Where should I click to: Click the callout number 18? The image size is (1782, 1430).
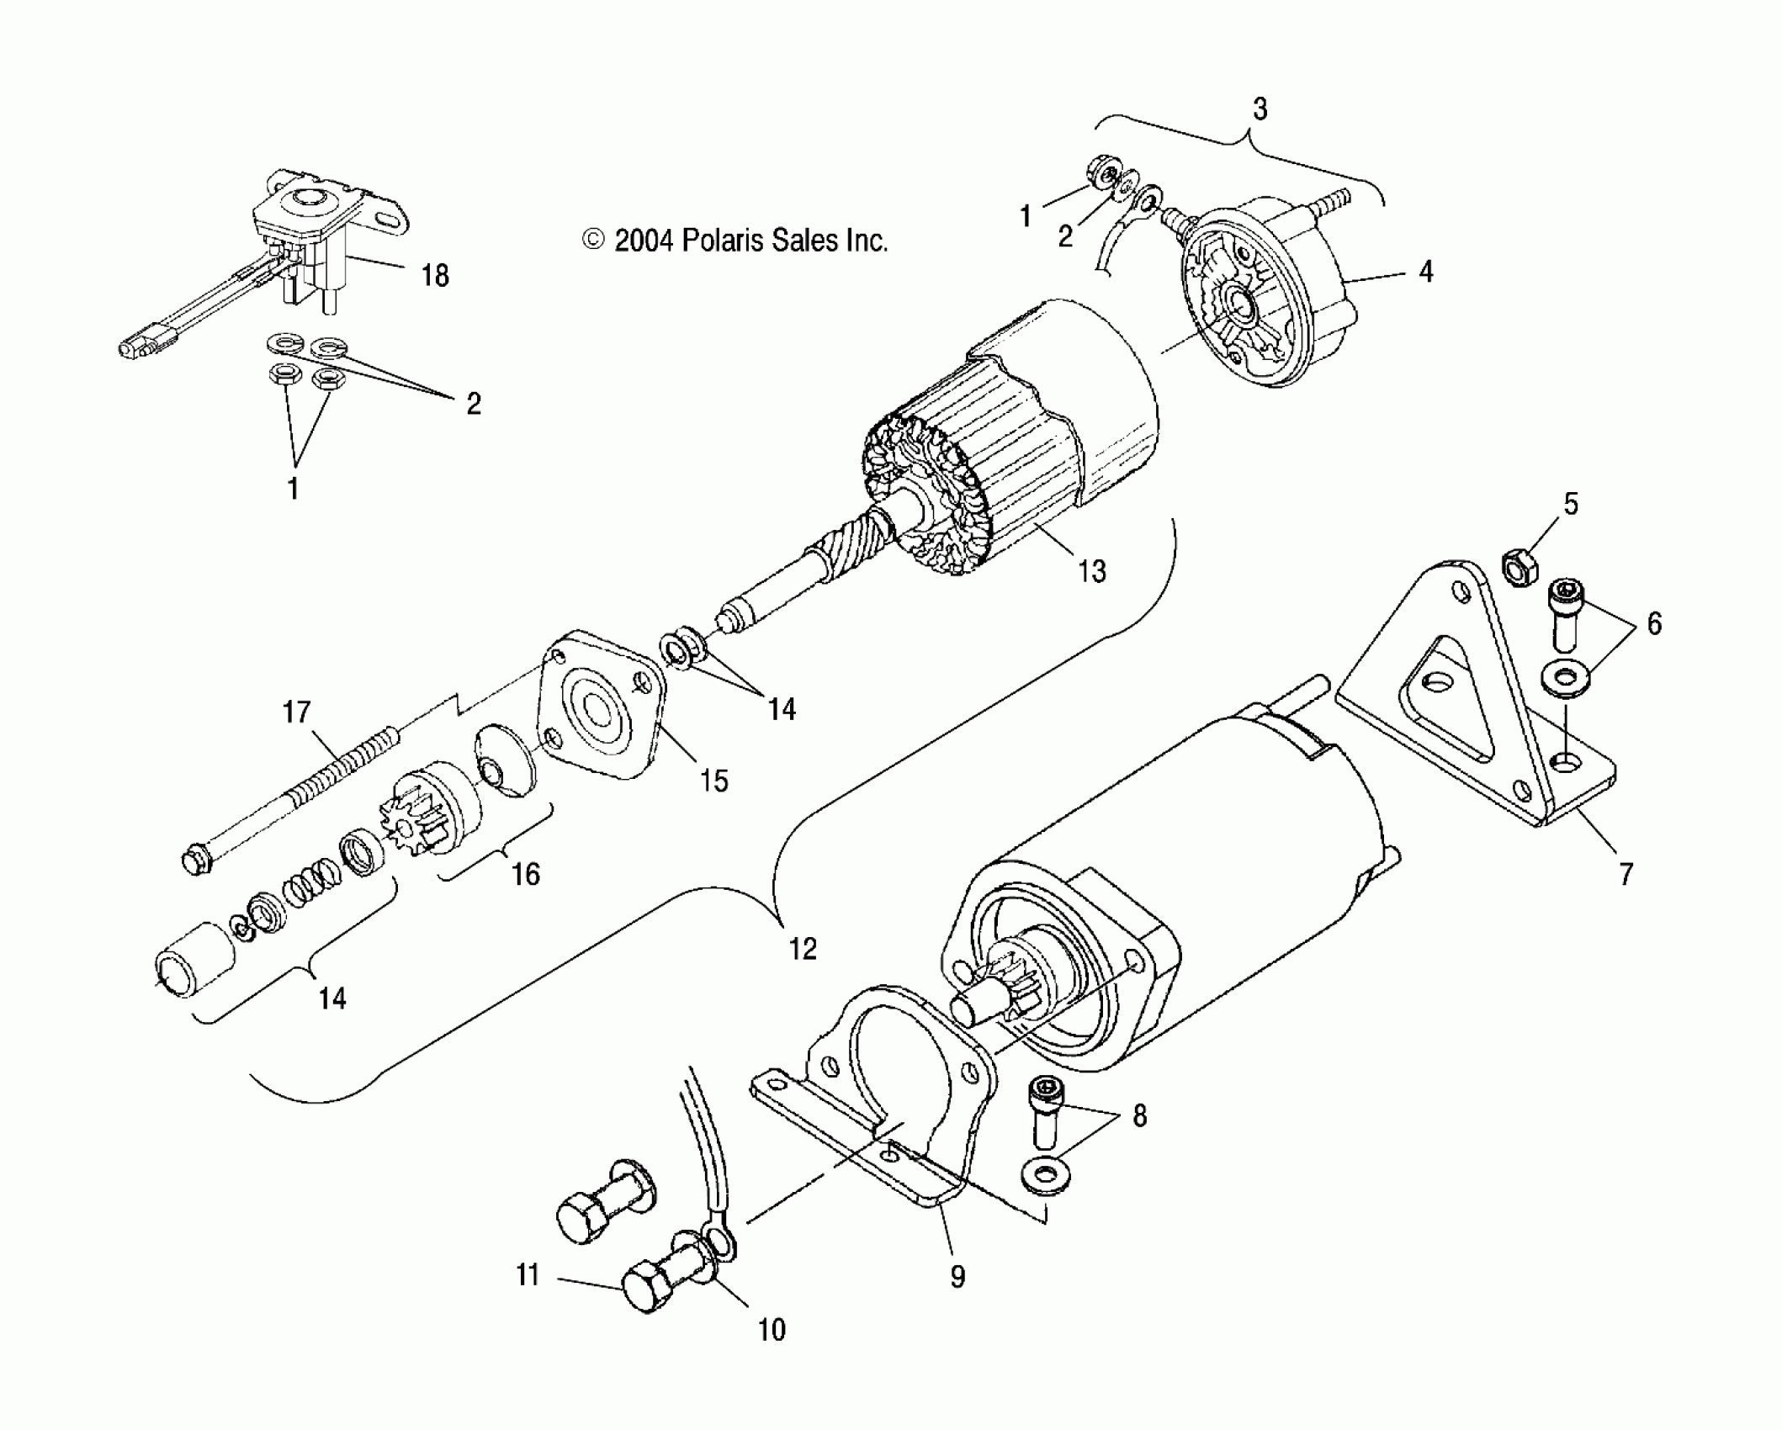[x=435, y=275]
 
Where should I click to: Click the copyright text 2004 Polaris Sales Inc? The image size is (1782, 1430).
[x=735, y=241]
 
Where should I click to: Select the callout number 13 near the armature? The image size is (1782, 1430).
[x=1091, y=571]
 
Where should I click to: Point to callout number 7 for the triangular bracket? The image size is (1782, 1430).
[x=1626, y=873]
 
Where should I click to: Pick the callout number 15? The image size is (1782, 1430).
[x=713, y=781]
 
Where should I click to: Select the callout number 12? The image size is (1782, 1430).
[x=802, y=949]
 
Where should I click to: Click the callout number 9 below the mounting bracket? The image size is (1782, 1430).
[x=957, y=1276]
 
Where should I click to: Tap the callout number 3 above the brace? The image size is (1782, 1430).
[x=1260, y=109]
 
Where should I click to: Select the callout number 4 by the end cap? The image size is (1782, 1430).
[x=1425, y=271]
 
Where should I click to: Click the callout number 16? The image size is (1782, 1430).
[x=526, y=874]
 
